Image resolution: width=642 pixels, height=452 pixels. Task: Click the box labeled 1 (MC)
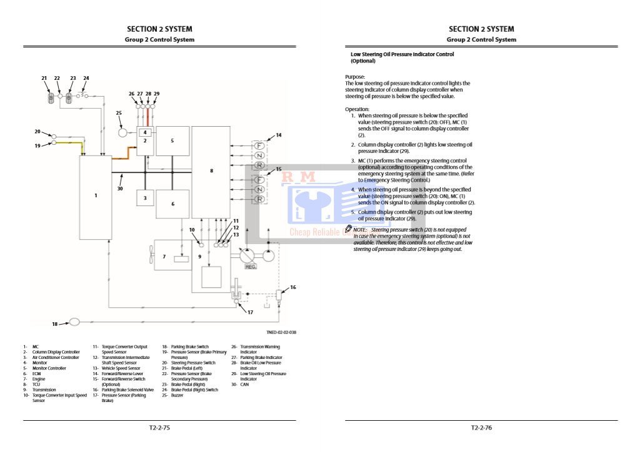click(x=96, y=197)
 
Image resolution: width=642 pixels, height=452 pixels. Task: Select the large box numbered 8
click(x=211, y=170)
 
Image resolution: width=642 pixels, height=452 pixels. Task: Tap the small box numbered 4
click(x=145, y=132)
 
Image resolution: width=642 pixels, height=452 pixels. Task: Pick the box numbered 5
click(x=172, y=141)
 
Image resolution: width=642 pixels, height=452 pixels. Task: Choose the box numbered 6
click(x=172, y=204)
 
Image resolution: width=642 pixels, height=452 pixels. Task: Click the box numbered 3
click(x=145, y=198)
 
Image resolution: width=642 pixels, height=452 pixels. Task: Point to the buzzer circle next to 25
click(x=123, y=133)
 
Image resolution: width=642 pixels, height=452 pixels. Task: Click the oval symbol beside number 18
click(x=74, y=322)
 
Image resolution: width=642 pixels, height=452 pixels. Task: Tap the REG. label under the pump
click(x=250, y=267)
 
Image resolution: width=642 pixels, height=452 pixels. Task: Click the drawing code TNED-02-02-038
click(x=281, y=332)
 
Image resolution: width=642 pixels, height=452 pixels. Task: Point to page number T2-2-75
click(x=159, y=428)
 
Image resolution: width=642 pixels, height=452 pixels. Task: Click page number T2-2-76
click(x=481, y=428)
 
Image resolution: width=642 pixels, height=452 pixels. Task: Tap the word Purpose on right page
click(x=354, y=77)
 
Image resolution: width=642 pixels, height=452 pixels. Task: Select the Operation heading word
click(x=357, y=109)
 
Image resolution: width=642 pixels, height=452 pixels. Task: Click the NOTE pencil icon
click(x=349, y=229)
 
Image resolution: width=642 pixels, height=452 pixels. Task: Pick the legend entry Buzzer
click(x=177, y=395)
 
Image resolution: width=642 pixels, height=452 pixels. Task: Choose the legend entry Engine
click(x=39, y=379)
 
